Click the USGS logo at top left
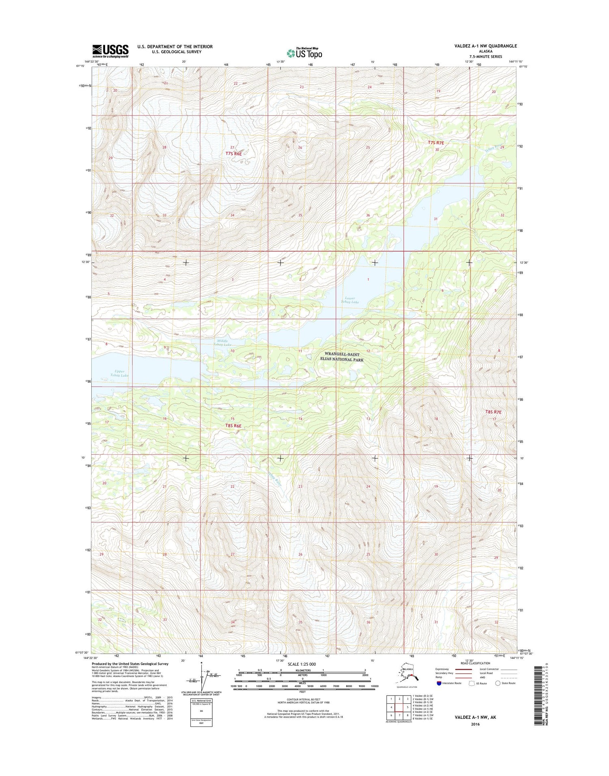point(110,51)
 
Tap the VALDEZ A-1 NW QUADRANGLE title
point(486,46)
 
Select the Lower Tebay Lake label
point(350,300)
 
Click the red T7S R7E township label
point(436,143)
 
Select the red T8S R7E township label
point(493,412)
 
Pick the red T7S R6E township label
point(233,154)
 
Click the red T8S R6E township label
point(233,426)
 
